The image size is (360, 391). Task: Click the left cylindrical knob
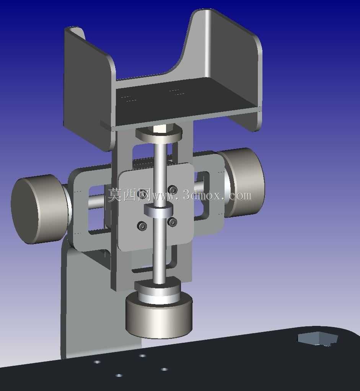tap(40, 209)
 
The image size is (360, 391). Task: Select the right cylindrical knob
tap(242, 183)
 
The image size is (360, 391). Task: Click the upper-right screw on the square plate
tap(173, 189)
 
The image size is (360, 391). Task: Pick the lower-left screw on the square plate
tap(142, 226)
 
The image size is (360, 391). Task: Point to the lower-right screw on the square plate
tap(173, 222)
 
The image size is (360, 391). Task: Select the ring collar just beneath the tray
tap(159, 133)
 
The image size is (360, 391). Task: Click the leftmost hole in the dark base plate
tap(97, 362)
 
